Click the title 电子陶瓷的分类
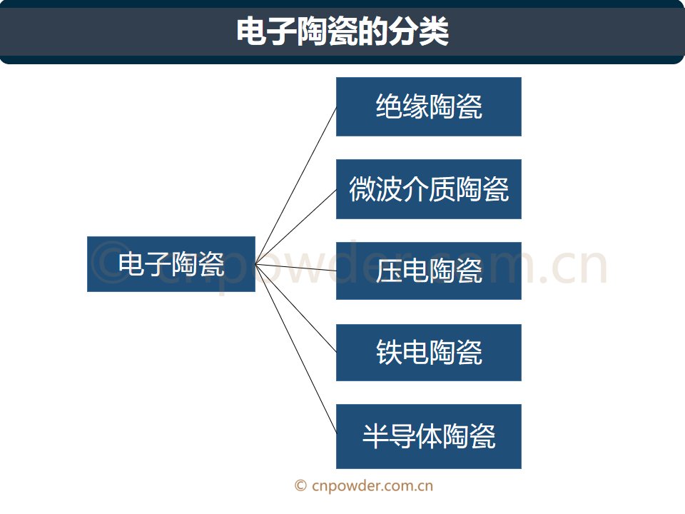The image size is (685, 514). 342,31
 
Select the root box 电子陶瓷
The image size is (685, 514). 171,264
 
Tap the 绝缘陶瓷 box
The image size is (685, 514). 429,106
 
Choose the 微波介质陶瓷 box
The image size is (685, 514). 429,189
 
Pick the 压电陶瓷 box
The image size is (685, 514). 429,271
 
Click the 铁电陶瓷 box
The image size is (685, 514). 429,352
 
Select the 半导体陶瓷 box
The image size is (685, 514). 429,436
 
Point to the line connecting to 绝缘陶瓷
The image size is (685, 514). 295,186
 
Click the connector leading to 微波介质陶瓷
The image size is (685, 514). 295,227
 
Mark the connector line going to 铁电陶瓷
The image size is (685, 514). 295,308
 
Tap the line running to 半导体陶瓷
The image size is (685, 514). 295,349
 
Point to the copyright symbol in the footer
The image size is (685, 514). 300,485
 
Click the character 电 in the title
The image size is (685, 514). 251,31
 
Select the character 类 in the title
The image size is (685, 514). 434,31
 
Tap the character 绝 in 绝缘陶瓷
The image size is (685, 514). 389,106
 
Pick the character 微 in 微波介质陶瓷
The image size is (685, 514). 362,189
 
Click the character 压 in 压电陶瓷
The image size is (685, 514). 389,271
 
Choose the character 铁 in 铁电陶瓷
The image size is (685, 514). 389,352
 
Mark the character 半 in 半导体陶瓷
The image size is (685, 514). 376,436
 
